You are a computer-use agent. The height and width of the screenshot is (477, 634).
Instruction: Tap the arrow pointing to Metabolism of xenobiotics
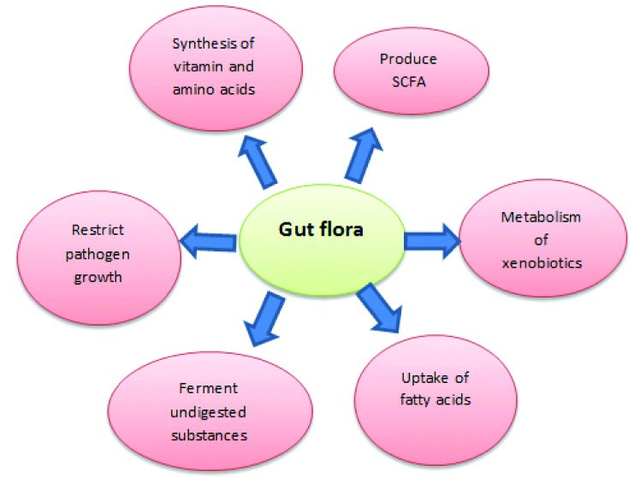point(431,239)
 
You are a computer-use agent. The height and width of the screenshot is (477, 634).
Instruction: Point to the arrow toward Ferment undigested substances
point(264,316)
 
